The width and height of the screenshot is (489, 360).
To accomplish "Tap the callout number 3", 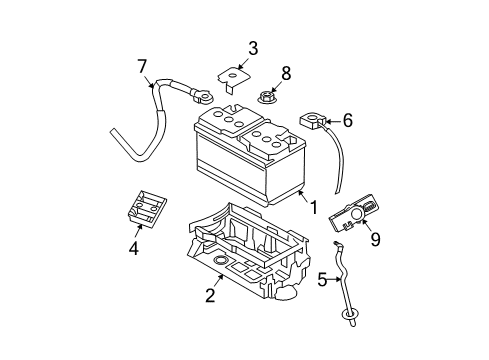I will coord(253,47).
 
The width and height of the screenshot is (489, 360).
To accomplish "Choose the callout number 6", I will coord(347,120).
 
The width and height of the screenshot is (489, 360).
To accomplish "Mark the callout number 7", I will coord(142,66).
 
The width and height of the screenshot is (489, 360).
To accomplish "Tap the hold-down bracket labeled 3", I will coord(233,79).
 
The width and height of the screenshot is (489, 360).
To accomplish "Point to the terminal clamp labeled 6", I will coord(310,121).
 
